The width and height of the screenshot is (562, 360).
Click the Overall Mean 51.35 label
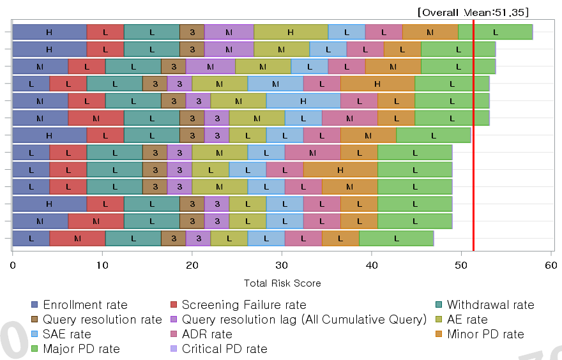pos(473,12)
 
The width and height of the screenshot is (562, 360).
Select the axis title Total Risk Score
pos(282,283)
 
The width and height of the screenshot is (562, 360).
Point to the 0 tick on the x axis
pos(13,264)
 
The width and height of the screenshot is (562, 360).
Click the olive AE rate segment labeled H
pos(291,31)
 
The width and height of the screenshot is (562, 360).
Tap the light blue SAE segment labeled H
pos(303,101)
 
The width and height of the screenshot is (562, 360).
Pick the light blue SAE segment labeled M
pos(275,84)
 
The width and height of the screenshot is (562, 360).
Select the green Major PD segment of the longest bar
pos(496,31)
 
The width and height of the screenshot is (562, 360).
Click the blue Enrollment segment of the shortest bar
pos(31,239)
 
